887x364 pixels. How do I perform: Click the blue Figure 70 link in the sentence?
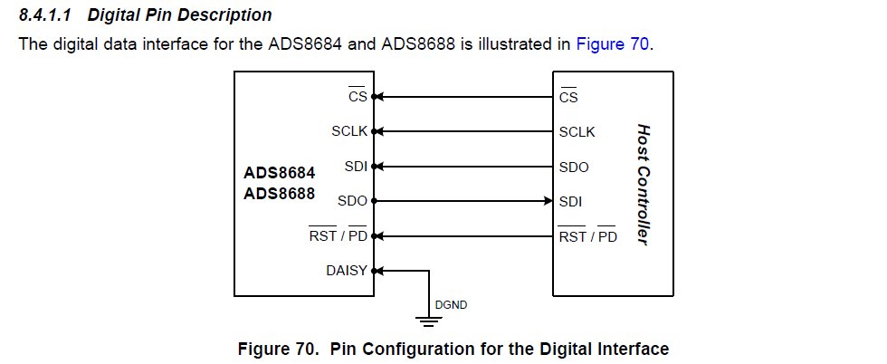coord(612,43)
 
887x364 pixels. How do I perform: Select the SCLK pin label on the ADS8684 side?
coord(349,131)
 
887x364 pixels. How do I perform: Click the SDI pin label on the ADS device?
coord(356,166)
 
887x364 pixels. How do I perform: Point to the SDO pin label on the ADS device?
coord(352,201)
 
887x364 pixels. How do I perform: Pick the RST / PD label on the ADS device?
coord(338,236)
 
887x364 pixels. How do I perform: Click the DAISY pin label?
coord(347,270)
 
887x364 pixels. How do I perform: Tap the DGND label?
coord(451,305)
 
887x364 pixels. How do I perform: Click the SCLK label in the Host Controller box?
coord(577,131)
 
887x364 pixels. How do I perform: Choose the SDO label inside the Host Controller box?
coord(574,167)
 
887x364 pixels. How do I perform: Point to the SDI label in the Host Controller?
coord(570,201)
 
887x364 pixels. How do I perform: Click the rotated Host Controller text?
coord(644,185)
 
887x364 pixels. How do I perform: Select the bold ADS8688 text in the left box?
coord(280,193)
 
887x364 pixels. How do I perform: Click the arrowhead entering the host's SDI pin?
coord(548,200)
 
